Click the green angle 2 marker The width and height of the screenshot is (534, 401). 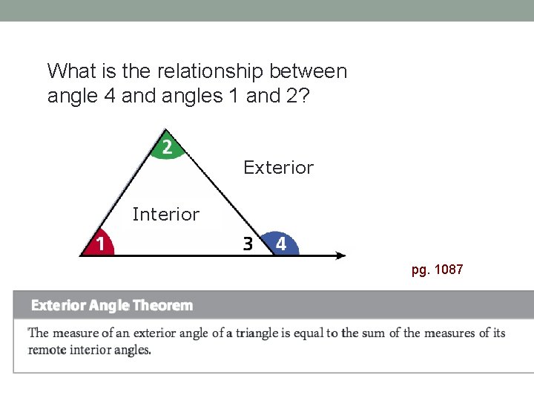[168, 148]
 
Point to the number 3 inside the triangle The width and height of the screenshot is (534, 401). [248, 243]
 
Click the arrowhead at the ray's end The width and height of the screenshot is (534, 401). [340, 255]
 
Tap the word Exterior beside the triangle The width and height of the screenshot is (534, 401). [278, 168]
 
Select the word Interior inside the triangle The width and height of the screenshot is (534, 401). [165, 215]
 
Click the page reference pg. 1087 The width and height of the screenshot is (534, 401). [437, 270]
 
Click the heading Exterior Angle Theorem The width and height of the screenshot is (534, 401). [111, 305]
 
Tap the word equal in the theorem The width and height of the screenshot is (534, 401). [309, 333]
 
